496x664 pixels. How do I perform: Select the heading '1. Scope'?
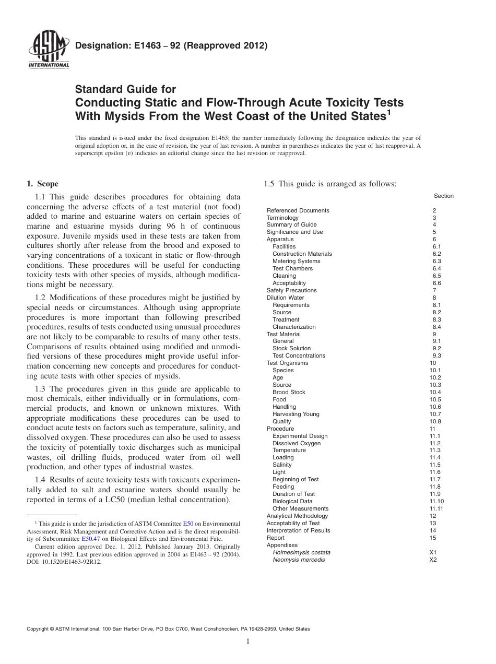pos(42,184)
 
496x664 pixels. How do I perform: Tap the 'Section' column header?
pos(443,196)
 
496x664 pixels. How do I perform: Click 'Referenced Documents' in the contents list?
pos(298,210)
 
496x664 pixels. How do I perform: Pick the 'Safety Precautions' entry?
pos(291,290)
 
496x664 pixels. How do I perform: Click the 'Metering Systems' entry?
pos(296,261)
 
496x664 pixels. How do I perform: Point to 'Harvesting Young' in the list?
pos(296,414)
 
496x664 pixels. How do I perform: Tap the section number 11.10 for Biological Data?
pos(436,501)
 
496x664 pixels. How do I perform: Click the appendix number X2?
pos(433,560)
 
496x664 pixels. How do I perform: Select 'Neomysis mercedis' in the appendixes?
pos(298,560)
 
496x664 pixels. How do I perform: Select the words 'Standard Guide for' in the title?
pos(126,89)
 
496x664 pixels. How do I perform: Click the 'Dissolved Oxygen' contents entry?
pos(297,443)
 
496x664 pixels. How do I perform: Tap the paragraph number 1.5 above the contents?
pos(269,184)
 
